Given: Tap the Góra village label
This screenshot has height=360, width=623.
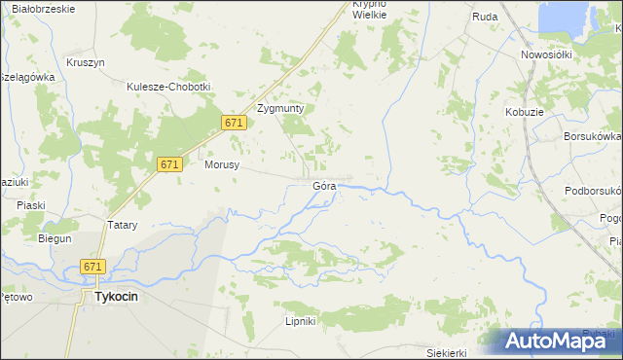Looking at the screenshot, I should (x=324, y=185).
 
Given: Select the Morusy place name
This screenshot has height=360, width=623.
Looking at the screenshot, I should (x=222, y=165).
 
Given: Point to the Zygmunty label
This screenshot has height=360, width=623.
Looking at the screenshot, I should (x=280, y=109).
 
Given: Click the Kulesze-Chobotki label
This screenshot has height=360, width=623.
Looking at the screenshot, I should (x=168, y=87).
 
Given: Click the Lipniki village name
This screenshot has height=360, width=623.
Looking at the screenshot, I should (x=300, y=321).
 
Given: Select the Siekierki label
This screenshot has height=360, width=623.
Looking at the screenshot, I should (x=448, y=352).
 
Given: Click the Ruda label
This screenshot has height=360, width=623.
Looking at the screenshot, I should (x=485, y=17).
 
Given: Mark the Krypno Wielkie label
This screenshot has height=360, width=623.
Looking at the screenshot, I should (x=370, y=10).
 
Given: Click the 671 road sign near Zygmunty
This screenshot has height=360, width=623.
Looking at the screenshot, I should (x=233, y=123).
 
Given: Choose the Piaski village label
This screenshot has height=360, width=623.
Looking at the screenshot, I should (x=31, y=205).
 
